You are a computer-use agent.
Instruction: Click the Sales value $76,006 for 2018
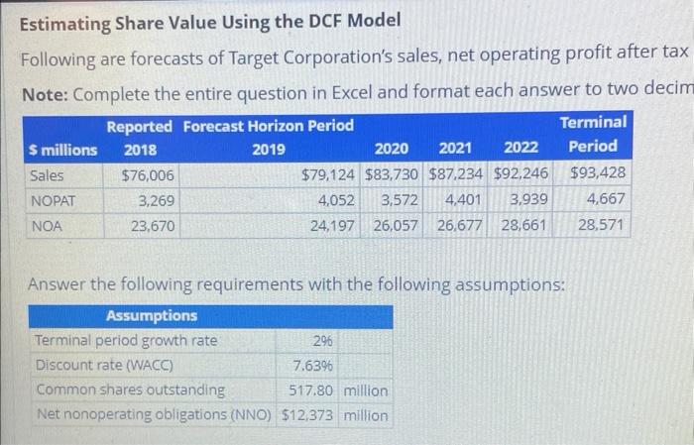pyautogui.click(x=147, y=176)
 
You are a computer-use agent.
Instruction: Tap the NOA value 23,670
pyautogui.click(x=151, y=226)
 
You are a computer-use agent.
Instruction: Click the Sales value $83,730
pyautogui.click(x=393, y=176)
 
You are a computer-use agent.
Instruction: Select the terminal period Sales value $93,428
pyautogui.click(x=598, y=176)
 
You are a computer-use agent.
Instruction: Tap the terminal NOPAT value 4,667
pyautogui.click(x=606, y=201)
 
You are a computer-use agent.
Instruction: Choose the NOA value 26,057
pyautogui.click(x=396, y=226)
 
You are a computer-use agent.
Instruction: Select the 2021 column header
pyautogui.click(x=455, y=149)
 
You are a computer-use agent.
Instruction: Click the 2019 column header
pyautogui.click(x=268, y=150)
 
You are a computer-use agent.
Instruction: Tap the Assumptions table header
pyautogui.click(x=151, y=316)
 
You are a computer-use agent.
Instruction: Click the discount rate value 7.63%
pyautogui.click(x=309, y=366)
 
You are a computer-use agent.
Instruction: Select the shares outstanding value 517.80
pyautogui.click(x=311, y=390)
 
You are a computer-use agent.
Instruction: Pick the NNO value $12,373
pyautogui.click(x=308, y=415)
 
